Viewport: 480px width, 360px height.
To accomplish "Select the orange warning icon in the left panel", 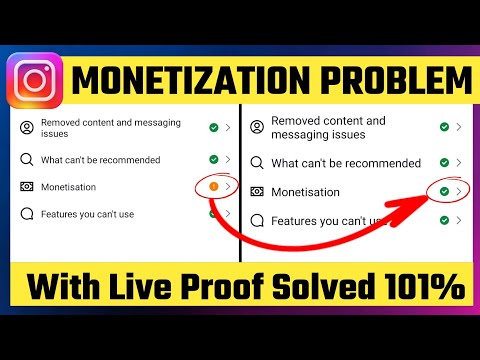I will coord(213,186).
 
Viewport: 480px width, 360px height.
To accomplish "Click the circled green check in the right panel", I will coord(443,191).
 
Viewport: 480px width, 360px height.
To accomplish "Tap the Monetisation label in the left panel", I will coord(69,186).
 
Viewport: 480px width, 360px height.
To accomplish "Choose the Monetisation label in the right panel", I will coord(306,191).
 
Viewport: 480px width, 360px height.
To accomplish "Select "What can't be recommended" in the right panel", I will coord(346,163).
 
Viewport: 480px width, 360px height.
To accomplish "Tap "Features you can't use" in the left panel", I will coord(87,213).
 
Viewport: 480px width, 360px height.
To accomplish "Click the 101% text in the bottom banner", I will coord(427,289).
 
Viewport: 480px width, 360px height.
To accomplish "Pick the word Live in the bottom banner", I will coord(146,289).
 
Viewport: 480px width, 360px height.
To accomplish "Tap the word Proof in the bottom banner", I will coord(230,289).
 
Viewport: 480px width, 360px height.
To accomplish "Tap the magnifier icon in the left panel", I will coord(27,159).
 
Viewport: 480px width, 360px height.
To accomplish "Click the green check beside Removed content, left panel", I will coord(213,128).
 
